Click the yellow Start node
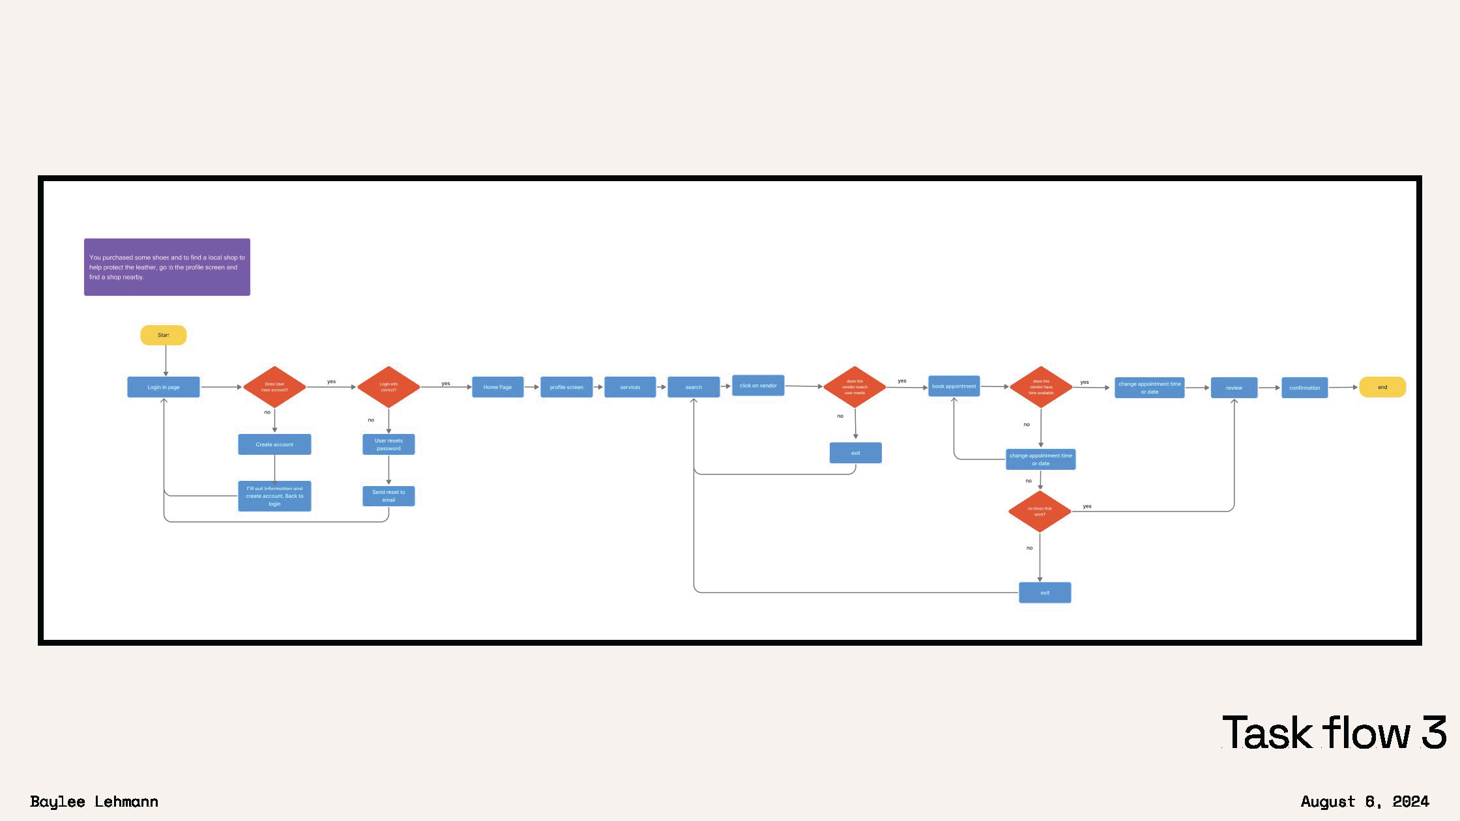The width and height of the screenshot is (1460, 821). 163,335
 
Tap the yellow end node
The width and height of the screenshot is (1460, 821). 1382,387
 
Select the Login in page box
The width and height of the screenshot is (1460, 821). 163,387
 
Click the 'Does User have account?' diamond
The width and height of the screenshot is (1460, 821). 274,387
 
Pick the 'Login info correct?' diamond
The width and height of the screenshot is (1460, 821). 388,387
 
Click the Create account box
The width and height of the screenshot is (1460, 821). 274,444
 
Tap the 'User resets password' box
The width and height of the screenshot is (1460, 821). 388,444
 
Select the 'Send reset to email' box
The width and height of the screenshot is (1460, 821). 388,496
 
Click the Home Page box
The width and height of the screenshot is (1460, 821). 497,387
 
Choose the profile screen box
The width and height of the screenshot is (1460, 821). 566,387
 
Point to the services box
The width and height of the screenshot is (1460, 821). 630,387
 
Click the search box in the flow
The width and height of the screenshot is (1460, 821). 693,387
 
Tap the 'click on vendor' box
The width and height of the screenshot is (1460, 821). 758,385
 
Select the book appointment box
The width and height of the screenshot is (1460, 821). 954,386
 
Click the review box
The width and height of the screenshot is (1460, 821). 1234,388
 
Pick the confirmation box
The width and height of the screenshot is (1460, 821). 1304,388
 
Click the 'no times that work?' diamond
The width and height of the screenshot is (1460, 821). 1040,511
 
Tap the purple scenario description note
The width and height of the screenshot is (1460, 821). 167,267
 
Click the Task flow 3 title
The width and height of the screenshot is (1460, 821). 1334,733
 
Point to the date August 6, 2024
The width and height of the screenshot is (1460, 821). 1364,801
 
